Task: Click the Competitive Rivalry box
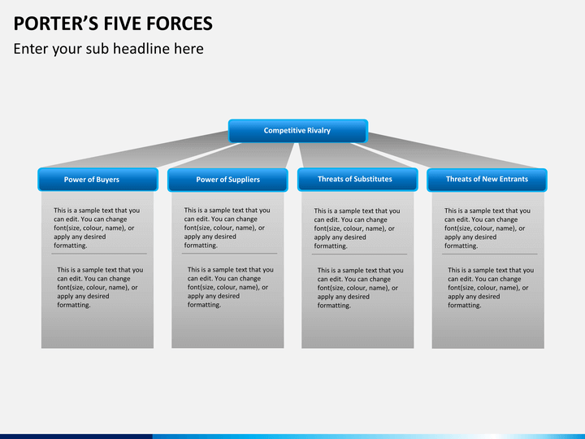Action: (x=298, y=131)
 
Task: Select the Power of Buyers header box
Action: (x=97, y=180)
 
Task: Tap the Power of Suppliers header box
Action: (x=227, y=180)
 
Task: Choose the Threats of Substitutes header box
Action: (x=357, y=180)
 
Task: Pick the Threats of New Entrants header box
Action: (x=487, y=180)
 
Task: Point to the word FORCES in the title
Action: (x=179, y=24)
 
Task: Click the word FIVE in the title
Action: (x=123, y=24)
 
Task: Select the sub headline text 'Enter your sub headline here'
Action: (x=109, y=49)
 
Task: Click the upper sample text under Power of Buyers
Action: (x=97, y=228)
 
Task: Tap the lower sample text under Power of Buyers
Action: (x=100, y=287)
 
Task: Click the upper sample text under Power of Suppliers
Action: (x=227, y=228)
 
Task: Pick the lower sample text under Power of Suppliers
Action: (x=230, y=287)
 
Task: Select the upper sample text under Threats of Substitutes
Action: (x=357, y=228)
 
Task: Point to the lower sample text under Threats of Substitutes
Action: (x=361, y=288)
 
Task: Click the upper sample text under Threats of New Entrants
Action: (x=487, y=228)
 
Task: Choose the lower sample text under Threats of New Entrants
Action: (x=491, y=288)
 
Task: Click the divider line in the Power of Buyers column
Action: (x=99, y=254)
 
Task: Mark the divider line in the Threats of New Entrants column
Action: (x=489, y=254)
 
